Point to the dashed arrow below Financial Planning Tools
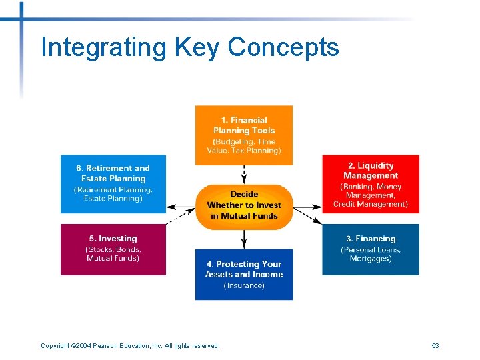(244, 174)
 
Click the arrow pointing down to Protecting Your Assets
(244, 239)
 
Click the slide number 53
(435, 345)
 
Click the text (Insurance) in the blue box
(244, 285)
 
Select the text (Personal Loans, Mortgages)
(371, 254)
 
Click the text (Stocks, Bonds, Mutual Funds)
(113, 254)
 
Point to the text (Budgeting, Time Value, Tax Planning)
(244, 146)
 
